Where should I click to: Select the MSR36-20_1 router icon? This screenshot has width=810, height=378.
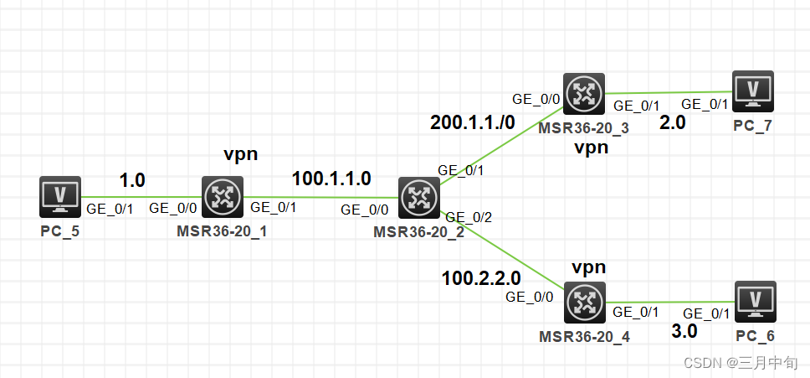[222, 196]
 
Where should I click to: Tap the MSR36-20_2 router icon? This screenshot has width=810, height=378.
[418, 198]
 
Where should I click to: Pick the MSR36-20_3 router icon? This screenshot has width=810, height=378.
[583, 94]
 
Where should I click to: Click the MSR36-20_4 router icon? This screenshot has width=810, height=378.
[583, 303]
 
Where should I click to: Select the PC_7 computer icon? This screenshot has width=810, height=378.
[752, 91]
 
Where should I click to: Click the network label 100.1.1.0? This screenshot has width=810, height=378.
[331, 178]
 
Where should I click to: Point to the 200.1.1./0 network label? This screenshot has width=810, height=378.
[473, 122]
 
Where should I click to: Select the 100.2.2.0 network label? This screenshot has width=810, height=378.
[481, 277]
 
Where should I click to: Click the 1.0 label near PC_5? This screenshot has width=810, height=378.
[132, 180]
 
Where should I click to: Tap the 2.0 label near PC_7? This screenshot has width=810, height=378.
[673, 122]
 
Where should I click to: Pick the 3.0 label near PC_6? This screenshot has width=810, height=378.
[684, 332]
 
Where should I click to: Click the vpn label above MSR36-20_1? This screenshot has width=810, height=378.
[240, 154]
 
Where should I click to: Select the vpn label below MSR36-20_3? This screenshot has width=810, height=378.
[591, 148]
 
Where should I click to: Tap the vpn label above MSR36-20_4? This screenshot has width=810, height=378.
[588, 267]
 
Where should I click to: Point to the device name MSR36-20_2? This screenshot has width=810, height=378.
[418, 231]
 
